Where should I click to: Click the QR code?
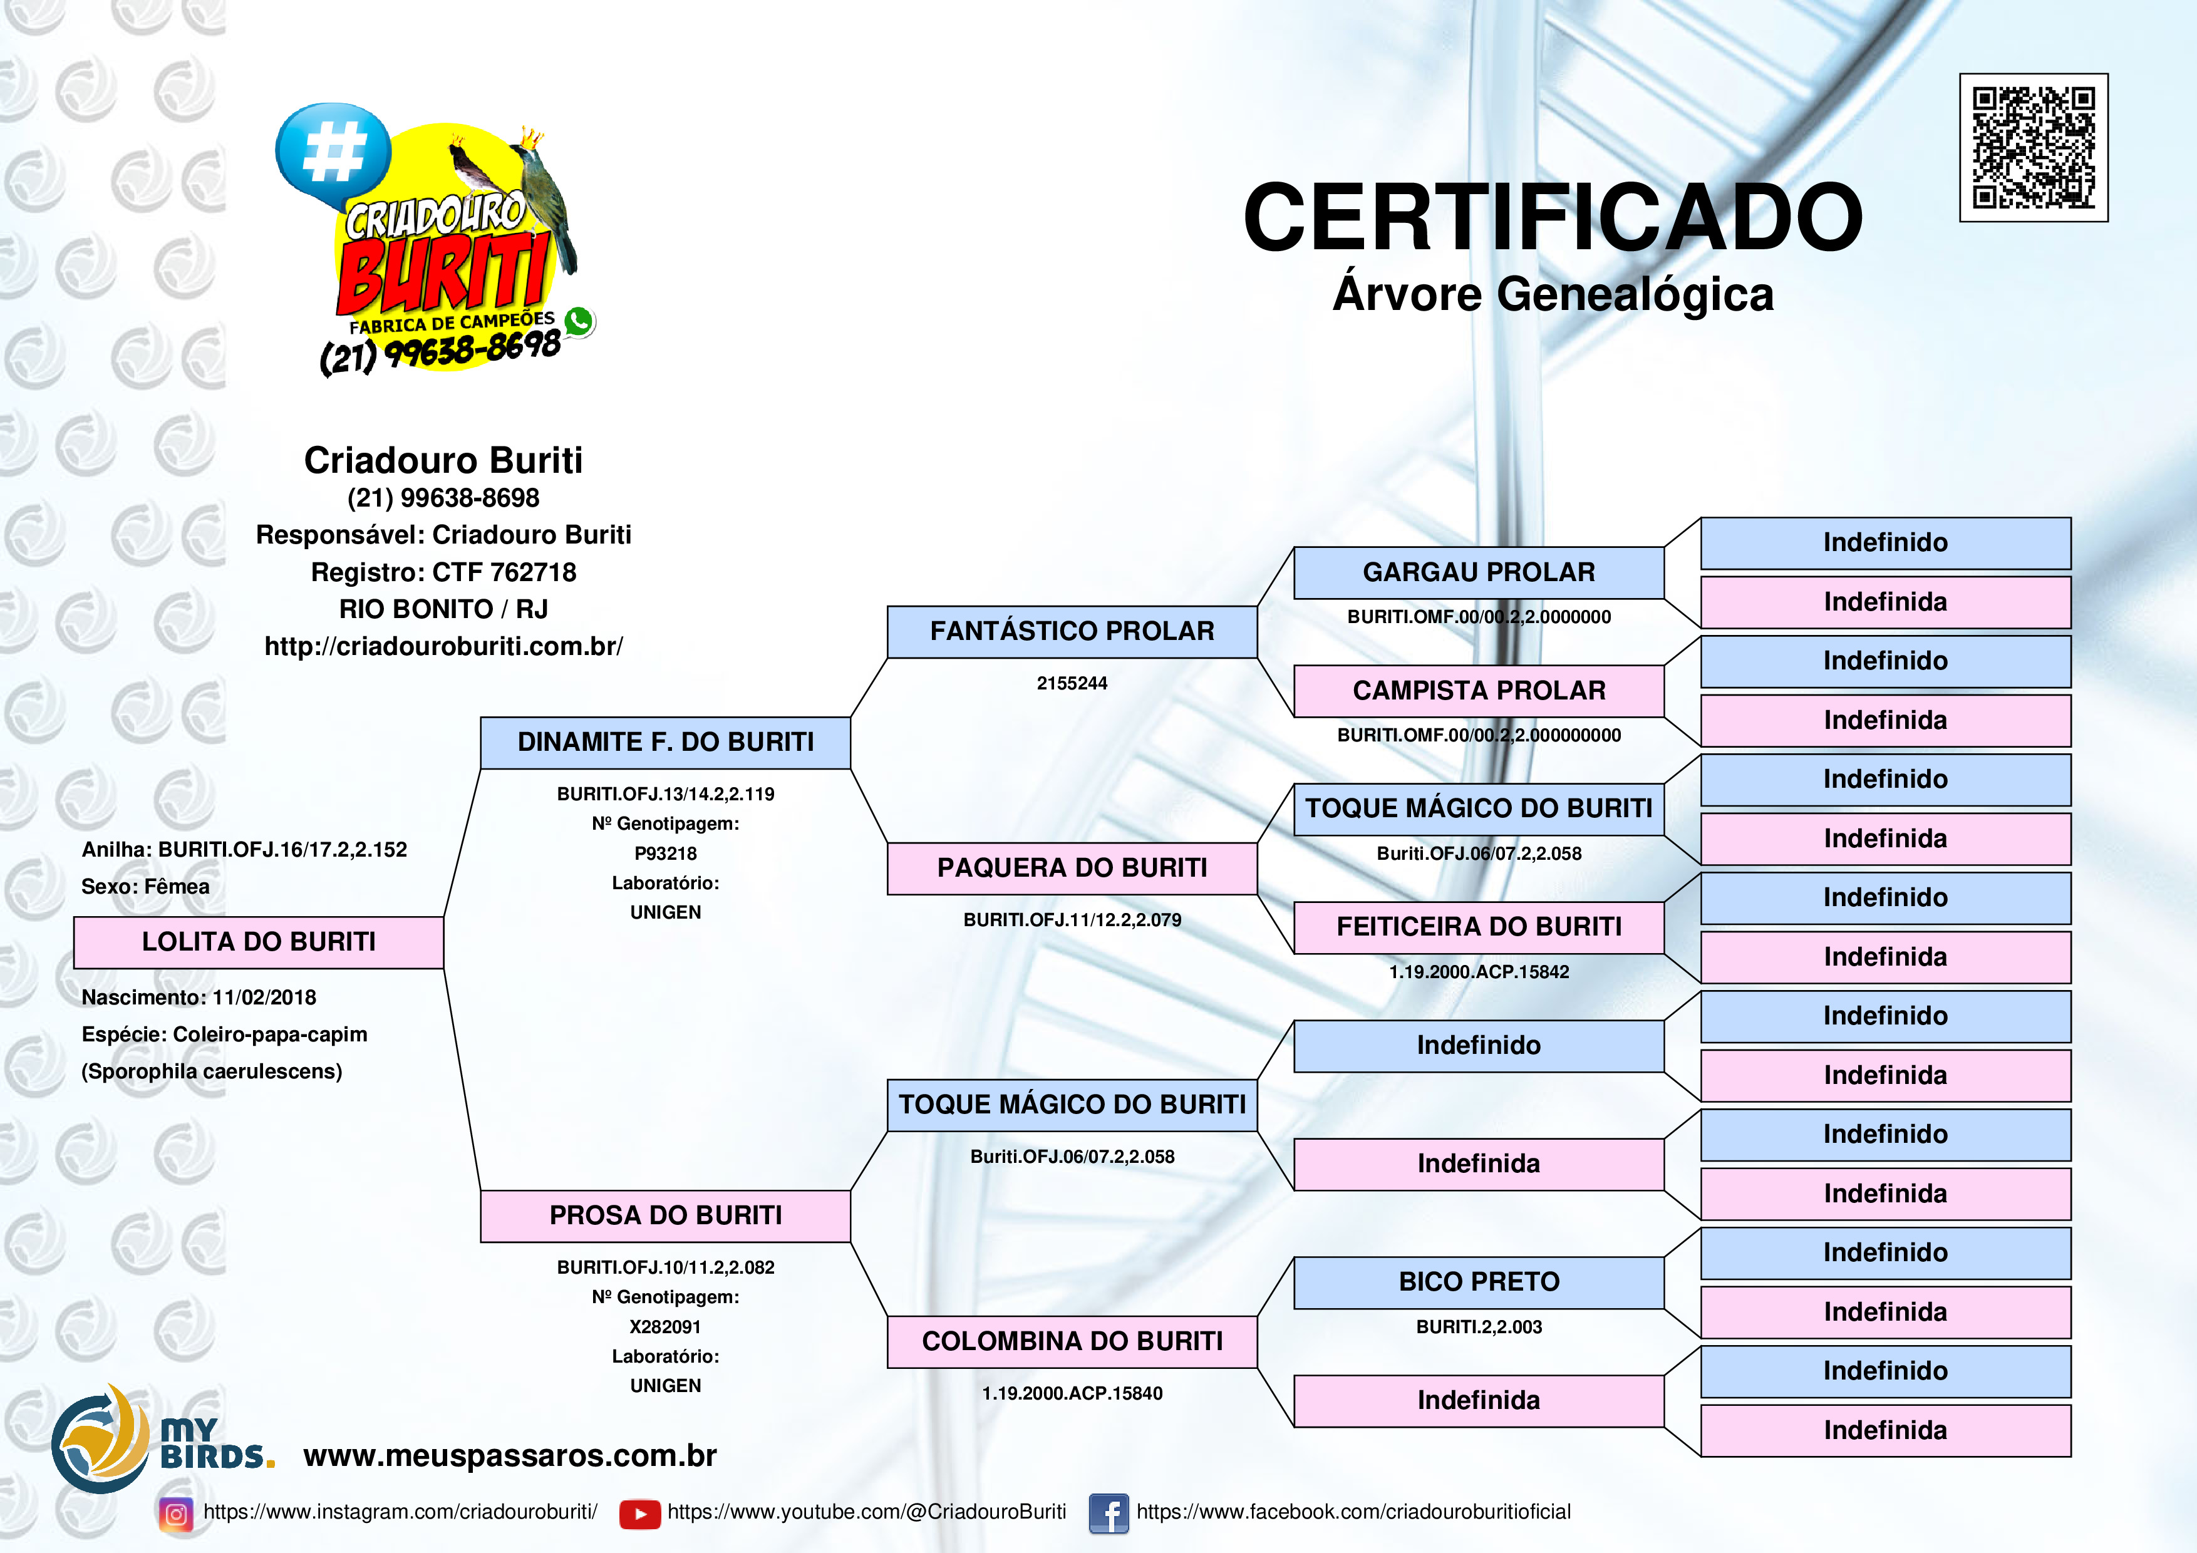(x=2034, y=147)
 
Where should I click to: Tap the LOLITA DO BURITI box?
(x=259, y=942)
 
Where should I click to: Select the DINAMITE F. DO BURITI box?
(x=665, y=743)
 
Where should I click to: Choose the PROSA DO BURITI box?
(x=665, y=1216)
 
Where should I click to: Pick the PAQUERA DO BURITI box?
(x=1072, y=868)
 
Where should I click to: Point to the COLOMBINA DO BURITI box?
(x=1072, y=1341)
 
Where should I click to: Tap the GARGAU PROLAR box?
(x=1479, y=572)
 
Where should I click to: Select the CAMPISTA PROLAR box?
(x=1479, y=691)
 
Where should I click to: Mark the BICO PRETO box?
(x=1479, y=1282)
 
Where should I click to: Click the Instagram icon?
(x=176, y=1514)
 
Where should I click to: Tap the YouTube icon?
(x=639, y=1514)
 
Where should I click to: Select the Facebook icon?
(x=1109, y=1514)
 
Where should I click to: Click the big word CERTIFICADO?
(x=1552, y=218)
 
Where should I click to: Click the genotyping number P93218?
(x=665, y=854)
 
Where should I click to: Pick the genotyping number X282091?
(x=665, y=1327)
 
